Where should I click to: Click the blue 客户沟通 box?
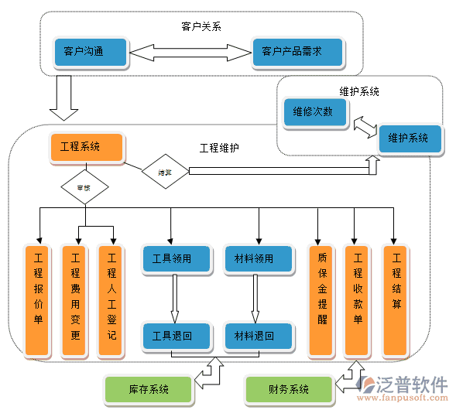(x=90, y=52)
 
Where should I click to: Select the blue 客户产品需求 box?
(x=298, y=52)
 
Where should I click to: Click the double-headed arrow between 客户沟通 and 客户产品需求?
(x=190, y=53)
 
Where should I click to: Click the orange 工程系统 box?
(x=87, y=148)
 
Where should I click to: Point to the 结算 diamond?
(x=165, y=173)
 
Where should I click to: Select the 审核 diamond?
(x=84, y=187)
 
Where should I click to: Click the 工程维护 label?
(x=219, y=148)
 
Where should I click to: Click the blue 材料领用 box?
(x=259, y=259)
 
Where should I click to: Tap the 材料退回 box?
(x=259, y=336)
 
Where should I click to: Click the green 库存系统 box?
(x=147, y=388)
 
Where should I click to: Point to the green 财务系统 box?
(x=288, y=389)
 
